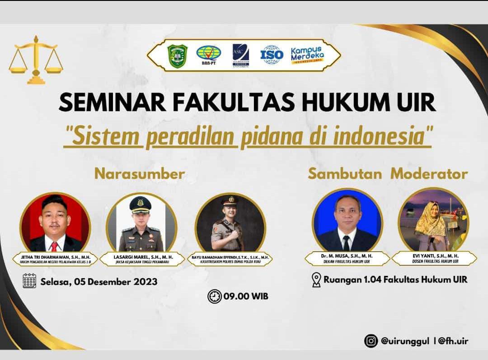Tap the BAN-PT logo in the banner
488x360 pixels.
208,55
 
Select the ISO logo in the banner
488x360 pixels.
272,55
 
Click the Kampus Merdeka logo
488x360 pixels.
307,56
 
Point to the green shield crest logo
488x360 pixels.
177,56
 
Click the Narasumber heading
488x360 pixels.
140,174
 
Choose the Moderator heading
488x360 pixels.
429,174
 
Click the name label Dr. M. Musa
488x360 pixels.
347,256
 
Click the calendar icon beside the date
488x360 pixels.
29,281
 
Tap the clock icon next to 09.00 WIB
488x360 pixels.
214,297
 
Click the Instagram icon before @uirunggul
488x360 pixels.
371,341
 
